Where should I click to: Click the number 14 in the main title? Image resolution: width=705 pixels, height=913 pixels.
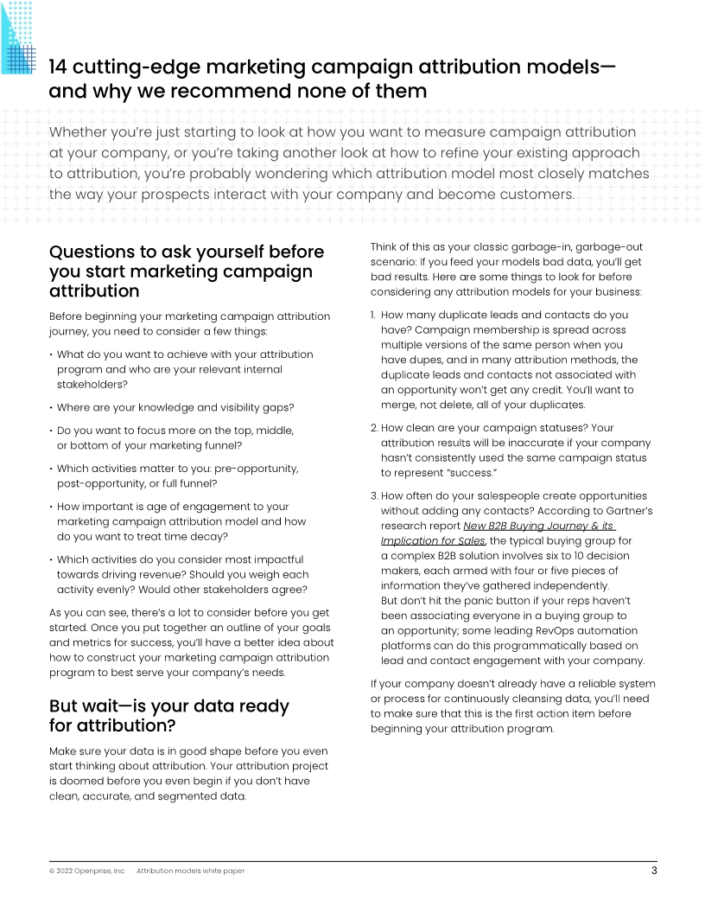[60, 67]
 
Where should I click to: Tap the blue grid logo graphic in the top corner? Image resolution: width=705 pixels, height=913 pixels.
[18, 36]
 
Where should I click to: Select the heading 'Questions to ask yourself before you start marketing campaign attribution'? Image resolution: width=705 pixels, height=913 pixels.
[187, 271]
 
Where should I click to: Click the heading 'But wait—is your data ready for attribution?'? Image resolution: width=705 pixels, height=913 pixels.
[169, 715]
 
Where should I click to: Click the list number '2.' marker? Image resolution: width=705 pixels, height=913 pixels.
[374, 427]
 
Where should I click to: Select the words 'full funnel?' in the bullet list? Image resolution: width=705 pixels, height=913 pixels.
[193, 483]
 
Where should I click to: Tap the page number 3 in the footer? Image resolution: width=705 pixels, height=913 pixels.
[653, 871]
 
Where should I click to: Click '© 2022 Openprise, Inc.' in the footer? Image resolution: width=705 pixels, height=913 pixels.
[86, 871]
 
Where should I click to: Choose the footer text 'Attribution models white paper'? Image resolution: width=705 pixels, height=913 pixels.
[190, 871]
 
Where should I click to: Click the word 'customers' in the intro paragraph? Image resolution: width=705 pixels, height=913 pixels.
[532, 194]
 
